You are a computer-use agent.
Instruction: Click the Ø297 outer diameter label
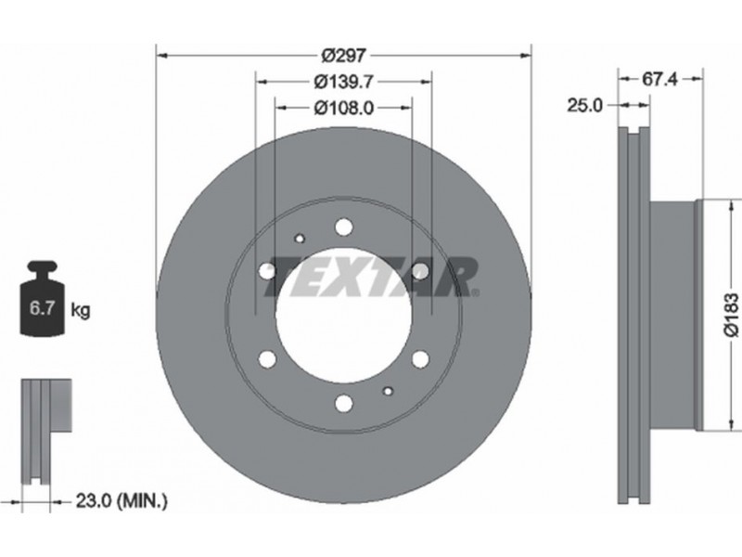(343, 56)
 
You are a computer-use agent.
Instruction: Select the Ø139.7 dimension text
(343, 82)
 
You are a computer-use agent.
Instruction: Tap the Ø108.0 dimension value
(343, 109)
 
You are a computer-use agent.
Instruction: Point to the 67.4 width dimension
(659, 79)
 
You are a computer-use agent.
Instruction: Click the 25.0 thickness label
(585, 106)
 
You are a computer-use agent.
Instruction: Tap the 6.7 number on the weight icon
(41, 308)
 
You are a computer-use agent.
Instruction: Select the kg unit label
(80, 310)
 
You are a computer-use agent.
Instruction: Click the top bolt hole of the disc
(344, 227)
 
